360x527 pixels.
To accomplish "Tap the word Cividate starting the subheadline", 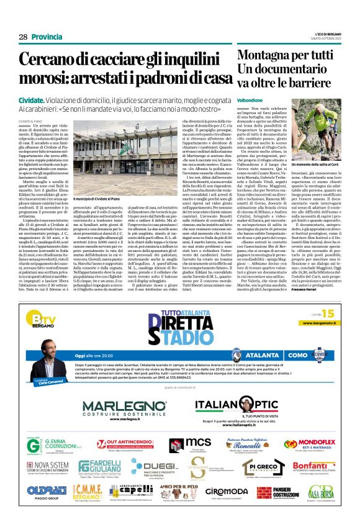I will (x=31, y=100).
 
